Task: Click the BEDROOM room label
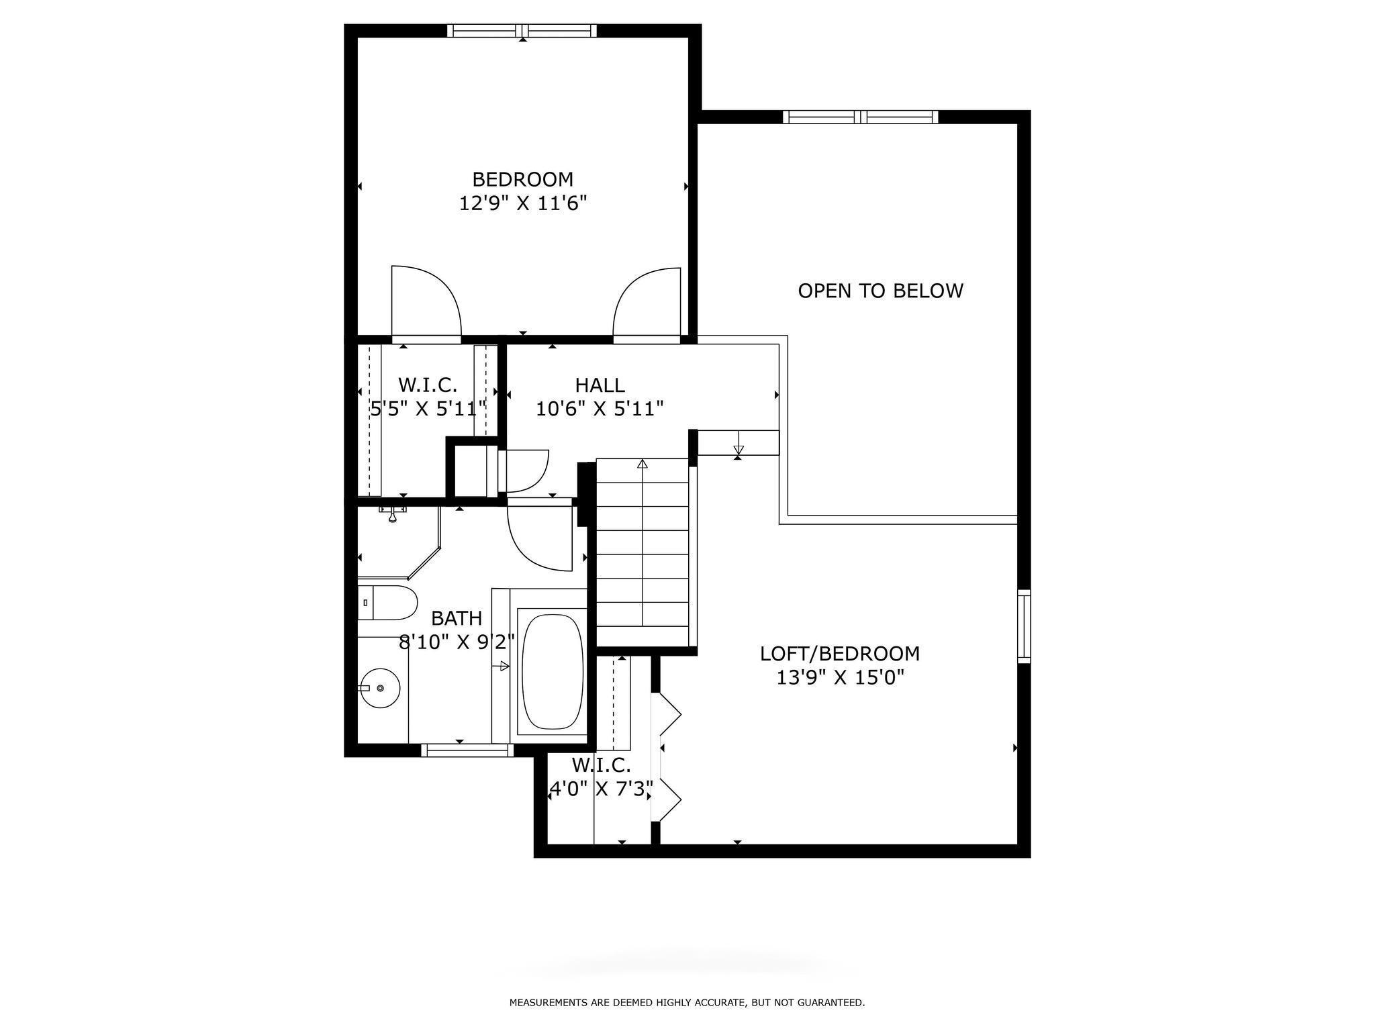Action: [x=523, y=179]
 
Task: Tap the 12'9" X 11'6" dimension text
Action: [x=523, y=203]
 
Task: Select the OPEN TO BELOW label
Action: [x=880, y=291]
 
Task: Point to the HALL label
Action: [x=600, y=385]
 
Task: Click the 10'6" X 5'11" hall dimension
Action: [x=600, y=408]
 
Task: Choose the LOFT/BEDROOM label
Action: [x=840, y=653]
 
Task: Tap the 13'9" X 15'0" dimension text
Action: [x=840, y=677]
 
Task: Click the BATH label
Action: [x=457, y=618]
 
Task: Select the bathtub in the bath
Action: [x=553, y=672]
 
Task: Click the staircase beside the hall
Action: [x=643, y=542]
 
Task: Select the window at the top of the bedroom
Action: [x=522, y=31]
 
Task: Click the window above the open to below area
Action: [x=861, y=117]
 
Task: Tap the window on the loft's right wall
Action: [x=1024, y=626]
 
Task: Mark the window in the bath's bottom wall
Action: [x=467, y=750]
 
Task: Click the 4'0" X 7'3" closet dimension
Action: [x=601, y=789]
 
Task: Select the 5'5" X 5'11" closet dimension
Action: [x=428, y=408]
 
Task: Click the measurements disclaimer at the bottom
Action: [x=687, y=1003]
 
